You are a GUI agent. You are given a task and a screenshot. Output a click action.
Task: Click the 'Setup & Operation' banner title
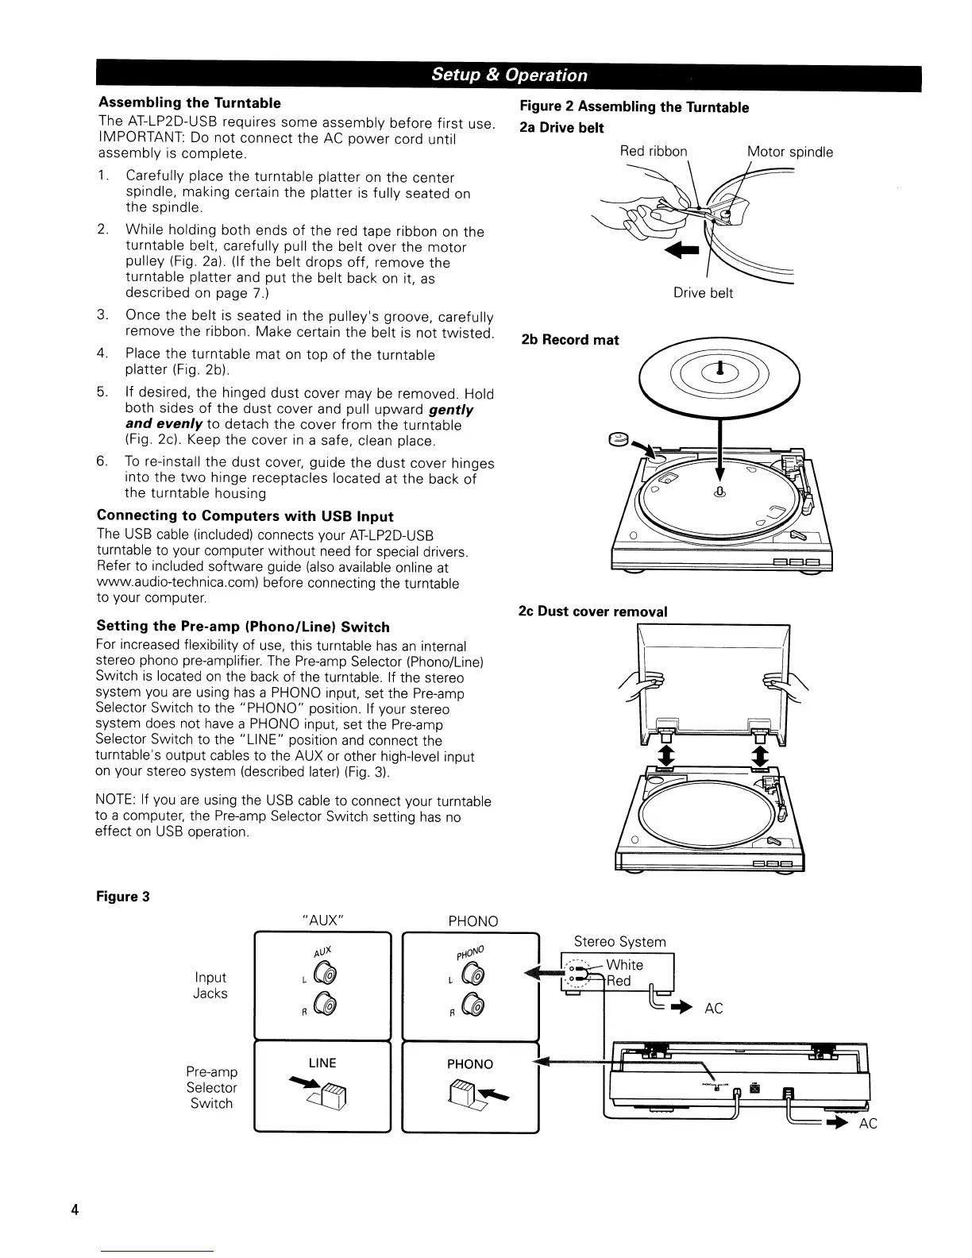coord(509,75)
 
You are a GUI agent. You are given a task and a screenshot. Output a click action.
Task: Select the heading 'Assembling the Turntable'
coord(189,103)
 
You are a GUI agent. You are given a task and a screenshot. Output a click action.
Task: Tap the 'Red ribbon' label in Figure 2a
coord(654,152)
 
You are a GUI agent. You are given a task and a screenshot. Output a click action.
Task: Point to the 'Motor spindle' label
coord(790,152)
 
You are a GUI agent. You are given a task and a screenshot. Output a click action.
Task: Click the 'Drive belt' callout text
coord(703,293)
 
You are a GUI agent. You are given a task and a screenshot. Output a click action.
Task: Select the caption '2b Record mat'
coord(569,340)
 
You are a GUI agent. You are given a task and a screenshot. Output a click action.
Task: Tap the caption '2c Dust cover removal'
coord(592,612)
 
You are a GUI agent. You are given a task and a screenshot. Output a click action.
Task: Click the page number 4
coord(75,1210)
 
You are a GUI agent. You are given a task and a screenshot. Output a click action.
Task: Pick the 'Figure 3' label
coord(122,897)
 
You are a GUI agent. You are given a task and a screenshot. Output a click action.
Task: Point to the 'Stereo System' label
coord(619,942)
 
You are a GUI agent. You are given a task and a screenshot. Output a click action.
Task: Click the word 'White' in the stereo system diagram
coord(624,965)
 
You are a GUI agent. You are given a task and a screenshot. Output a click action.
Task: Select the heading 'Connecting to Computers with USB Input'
coord(245,516)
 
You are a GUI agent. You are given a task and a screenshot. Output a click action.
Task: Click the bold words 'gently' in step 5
coord(450,410)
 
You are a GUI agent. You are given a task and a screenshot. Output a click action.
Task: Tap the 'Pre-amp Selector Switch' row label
coord(211,1088)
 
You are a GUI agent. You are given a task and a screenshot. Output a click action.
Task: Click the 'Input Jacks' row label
coord(210,986)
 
